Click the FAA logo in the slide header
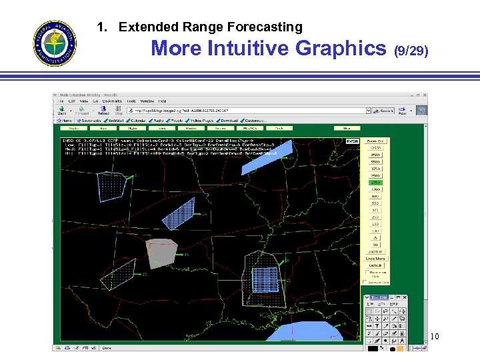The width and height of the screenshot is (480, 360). coord(55,43)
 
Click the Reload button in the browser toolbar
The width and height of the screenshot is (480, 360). coord(103,110)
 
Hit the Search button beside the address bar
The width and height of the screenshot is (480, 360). coord(386,111)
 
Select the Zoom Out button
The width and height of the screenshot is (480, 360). coord(375,141)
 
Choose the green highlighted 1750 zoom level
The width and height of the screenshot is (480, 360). coord(375,183)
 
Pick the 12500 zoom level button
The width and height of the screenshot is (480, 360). coord(375,148)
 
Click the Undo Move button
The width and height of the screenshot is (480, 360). coord(375,259)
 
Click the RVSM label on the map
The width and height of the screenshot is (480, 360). coord(351,141)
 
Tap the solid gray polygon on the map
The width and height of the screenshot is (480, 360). coord(162,253)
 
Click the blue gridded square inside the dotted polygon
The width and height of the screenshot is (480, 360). coord(264,279)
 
